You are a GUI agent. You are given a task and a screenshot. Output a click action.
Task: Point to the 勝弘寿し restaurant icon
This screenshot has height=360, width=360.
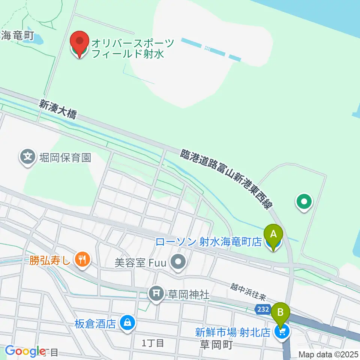[81, 259]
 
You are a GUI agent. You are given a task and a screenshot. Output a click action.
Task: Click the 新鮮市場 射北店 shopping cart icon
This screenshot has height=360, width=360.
[282, 331]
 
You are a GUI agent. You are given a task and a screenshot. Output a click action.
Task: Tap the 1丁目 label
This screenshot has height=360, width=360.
[153, 343]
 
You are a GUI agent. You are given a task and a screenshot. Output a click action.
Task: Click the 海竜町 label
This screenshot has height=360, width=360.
[18, 36]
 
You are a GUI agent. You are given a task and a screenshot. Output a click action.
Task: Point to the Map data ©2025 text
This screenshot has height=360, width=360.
[328, 354]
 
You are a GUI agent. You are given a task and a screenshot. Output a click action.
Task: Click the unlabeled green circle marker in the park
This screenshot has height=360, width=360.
[304, 202]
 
